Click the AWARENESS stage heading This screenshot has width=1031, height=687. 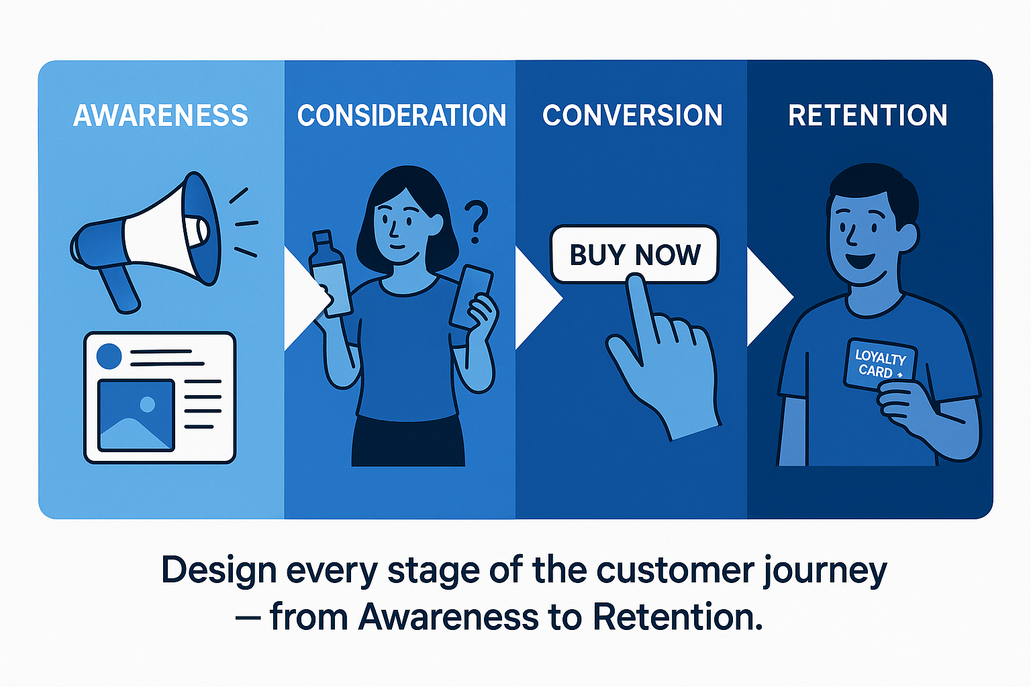point(160,115)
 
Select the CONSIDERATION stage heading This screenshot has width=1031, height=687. point(401,115)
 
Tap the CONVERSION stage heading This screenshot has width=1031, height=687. point(632,115)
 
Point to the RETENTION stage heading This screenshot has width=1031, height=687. point(868,115)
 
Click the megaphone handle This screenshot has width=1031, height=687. point(119,290)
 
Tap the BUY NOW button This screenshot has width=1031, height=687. point(634,254)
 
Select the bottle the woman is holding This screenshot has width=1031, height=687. point(330,273)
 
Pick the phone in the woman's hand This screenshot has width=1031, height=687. point(471,297)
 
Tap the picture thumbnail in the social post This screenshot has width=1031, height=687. point(136,415)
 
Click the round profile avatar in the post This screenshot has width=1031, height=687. point(109,356)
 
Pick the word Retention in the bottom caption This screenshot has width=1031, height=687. point(677,617)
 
